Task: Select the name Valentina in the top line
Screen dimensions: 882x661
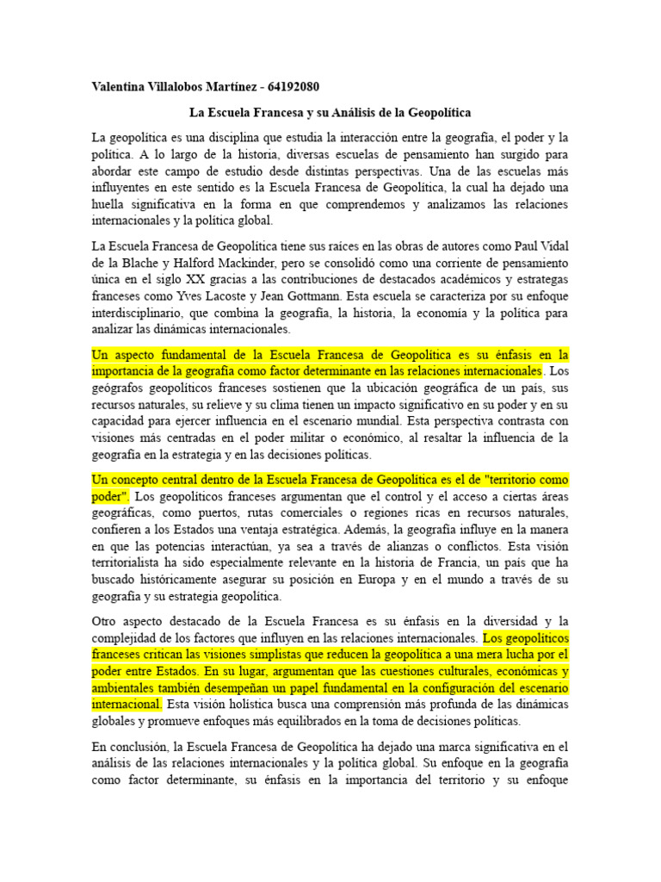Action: (121, 88)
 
